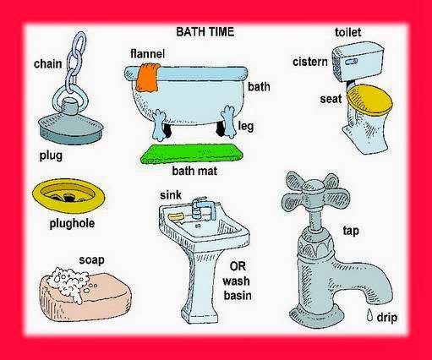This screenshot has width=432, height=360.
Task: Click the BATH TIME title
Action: point(205,32)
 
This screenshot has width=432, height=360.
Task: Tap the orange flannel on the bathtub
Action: point(149,76)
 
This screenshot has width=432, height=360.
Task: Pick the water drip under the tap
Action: point(369,316)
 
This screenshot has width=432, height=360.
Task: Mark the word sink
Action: point(171,195)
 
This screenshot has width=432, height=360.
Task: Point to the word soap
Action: point(90,259)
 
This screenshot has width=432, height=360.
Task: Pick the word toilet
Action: point(347,32)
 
